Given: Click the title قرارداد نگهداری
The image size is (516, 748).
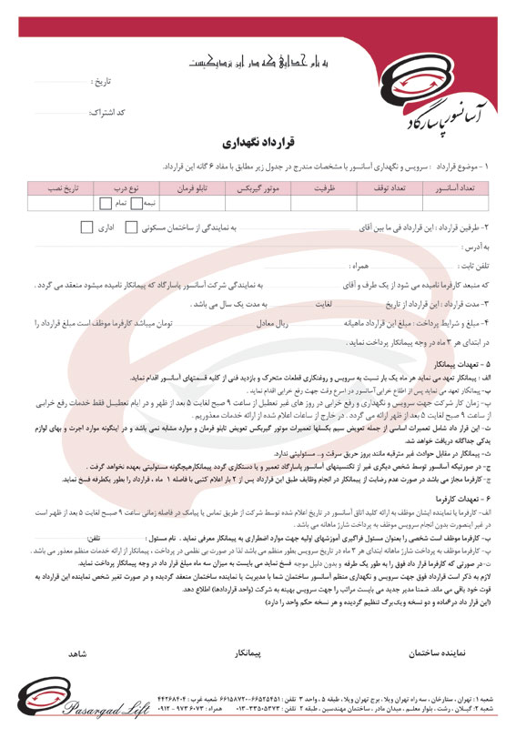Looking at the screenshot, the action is click(x=258, y=143).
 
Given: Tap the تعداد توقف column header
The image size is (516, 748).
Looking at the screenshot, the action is click(x=389, y=187).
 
